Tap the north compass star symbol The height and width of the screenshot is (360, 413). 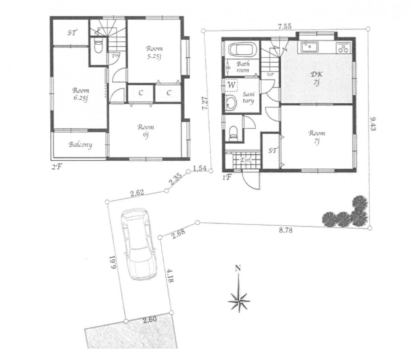239,301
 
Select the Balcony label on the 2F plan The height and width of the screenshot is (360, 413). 80,145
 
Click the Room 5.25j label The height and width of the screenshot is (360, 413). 154,52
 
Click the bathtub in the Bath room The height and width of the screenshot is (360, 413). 241,50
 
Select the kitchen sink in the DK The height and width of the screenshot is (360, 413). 309,46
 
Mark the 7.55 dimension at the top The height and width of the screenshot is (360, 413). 285,27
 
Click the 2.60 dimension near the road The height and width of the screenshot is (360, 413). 149,319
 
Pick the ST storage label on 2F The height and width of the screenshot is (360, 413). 71,33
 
